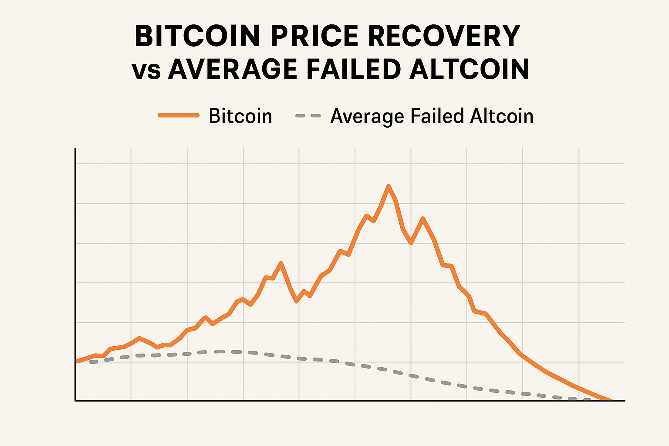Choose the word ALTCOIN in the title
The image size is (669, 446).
470,70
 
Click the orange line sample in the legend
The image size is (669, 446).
179,115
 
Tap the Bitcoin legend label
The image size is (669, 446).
240,116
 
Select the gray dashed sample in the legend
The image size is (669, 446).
308,116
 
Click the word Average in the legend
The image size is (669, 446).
367,116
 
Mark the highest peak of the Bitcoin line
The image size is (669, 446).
389,186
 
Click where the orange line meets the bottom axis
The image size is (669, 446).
612,400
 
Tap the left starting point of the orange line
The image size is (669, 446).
76,361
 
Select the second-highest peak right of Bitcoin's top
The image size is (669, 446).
422,219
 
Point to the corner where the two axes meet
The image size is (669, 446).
75,400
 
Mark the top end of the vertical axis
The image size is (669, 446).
75,149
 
